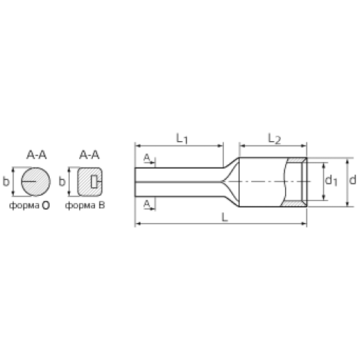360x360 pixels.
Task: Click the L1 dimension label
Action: pos(182,138)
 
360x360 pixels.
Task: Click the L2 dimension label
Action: pos(274,139)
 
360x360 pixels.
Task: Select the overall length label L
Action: pos(225,217)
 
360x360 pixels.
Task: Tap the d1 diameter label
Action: pos(331,181)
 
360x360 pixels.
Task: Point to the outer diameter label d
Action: pos(352,180)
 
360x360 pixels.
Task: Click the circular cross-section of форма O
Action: pos(36,181)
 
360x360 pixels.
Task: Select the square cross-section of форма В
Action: pos(90,181)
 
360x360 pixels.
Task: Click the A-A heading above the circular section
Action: pos(37,155)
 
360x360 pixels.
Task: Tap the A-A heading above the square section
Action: pos(89,155)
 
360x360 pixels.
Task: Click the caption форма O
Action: pos(30,205)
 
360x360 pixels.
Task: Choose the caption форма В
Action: pos(85,205)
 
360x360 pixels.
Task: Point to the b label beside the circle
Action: pos(6,181)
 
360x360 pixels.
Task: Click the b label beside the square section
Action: pos(62,181)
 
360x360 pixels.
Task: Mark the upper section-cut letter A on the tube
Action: pos(147,158)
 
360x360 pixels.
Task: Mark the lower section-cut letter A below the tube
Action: pos(147,204)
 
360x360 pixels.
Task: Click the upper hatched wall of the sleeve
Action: pos(296,160)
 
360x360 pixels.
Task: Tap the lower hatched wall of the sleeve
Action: pos(294,204)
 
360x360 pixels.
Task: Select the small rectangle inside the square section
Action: pos(94,181)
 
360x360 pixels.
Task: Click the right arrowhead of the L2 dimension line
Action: pos(304,145)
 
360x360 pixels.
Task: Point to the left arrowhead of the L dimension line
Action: pos(138,224)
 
